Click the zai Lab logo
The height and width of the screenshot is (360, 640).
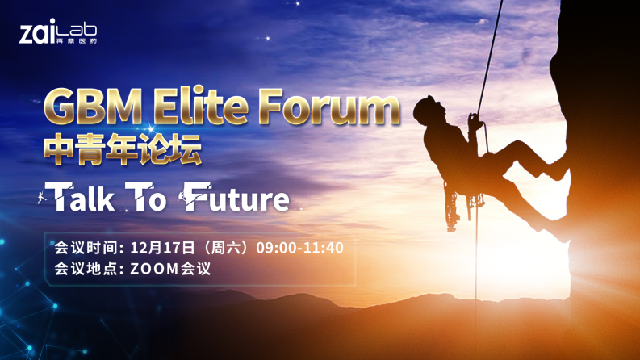point(58,31)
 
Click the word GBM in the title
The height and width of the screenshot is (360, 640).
point(93,106)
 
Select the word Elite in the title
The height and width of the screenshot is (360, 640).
point(201,106)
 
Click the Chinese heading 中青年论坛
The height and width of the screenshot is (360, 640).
point(123,149)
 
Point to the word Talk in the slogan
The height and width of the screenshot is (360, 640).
point(80,197)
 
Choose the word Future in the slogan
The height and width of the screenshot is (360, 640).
point(236,197)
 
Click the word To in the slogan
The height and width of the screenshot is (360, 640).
point(146,197)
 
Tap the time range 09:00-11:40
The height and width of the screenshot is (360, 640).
point(300,248)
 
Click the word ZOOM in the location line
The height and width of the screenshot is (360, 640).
point(155,269)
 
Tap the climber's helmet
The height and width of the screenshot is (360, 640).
point(425,107)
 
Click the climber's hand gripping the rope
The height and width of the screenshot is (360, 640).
point(475,121)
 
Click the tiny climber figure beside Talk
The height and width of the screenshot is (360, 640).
point(41,197)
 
